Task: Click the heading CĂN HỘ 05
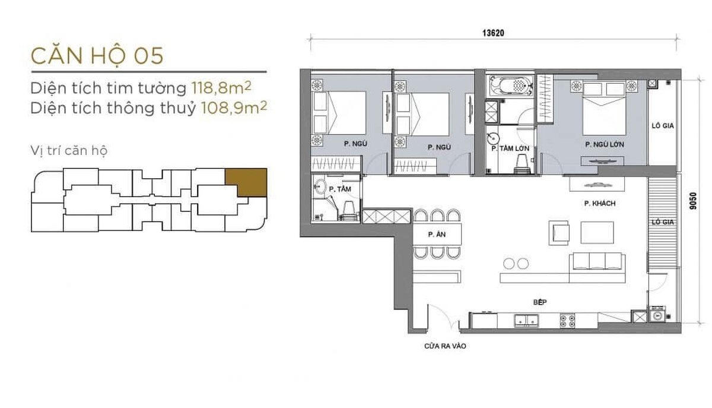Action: point(97,56)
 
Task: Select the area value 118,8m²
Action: point(221,87)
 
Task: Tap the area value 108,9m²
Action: point(234,108)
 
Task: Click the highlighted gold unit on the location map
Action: point(246,182)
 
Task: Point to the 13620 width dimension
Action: point(493,33)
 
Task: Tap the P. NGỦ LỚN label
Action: point(605,144)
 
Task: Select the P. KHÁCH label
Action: point(600,203)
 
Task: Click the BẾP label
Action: point(540,302)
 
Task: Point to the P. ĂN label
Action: point(437,235)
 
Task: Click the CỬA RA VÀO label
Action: point(445,346)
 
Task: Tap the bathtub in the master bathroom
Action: point(511,85)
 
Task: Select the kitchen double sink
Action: point(526,321)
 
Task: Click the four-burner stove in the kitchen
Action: point(567,321)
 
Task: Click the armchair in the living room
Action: point(559,233)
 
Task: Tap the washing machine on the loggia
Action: point(657,315)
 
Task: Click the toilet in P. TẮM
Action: point(349,211)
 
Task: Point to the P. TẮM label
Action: point(340,189)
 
